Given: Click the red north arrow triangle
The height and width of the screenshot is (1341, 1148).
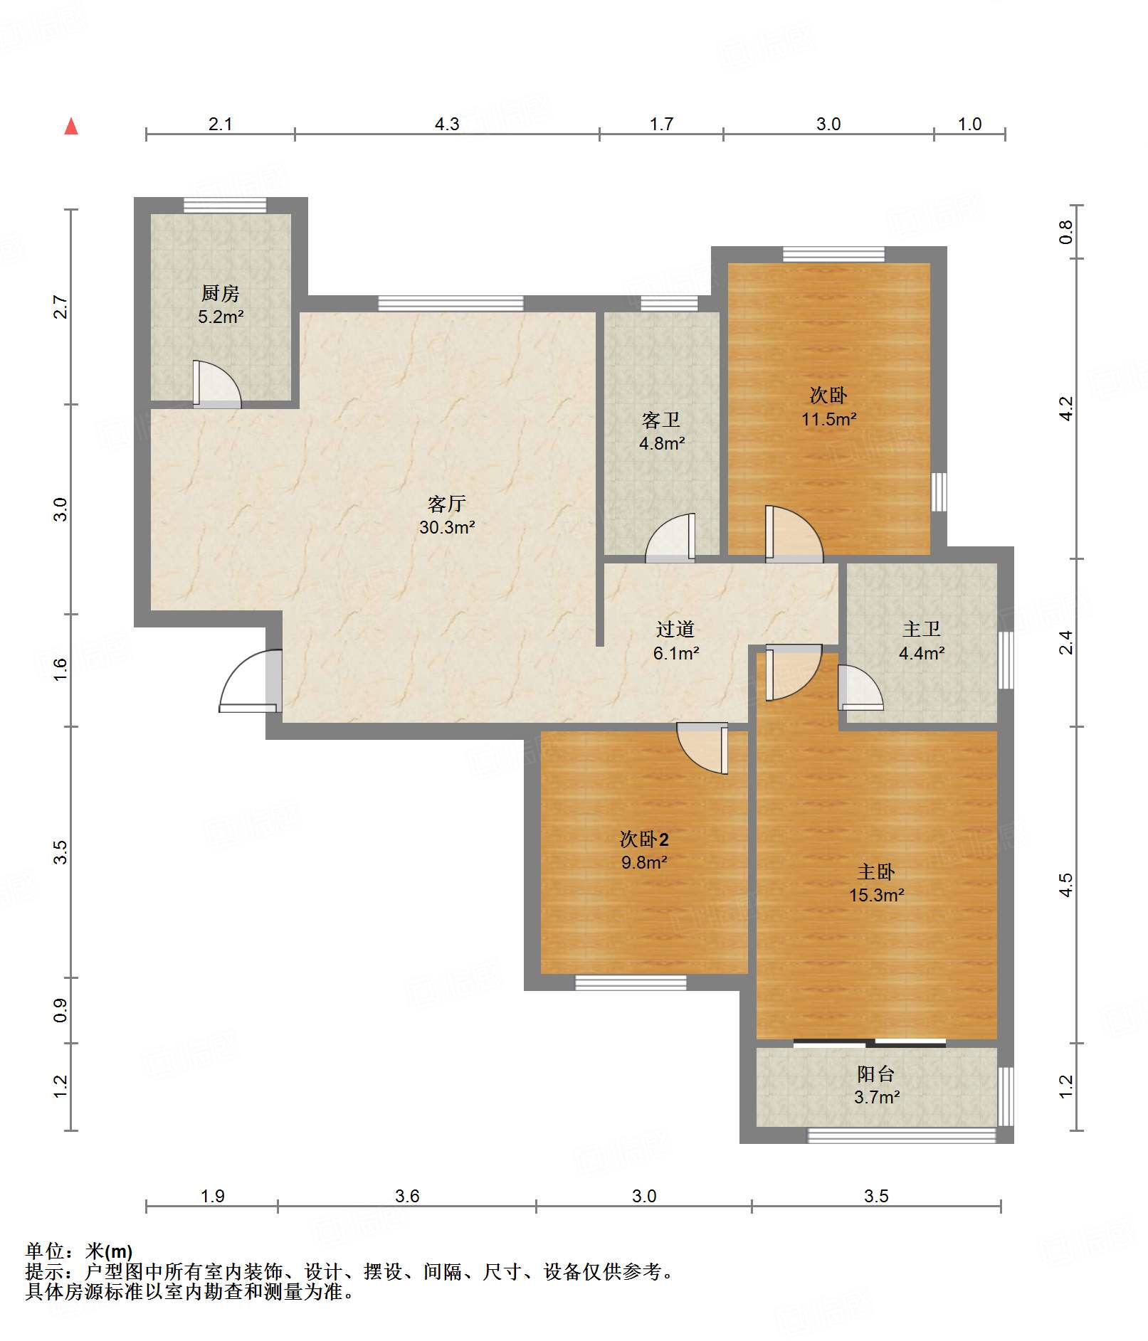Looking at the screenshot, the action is tap(71, 126).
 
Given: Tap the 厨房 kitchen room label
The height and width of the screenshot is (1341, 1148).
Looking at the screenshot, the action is tap(221, 293).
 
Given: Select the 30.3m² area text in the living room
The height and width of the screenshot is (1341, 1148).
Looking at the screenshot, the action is tap(447, 527).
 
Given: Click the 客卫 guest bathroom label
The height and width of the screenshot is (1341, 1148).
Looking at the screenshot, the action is tap(661, 420).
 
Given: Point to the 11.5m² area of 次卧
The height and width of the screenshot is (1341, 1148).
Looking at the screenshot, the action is tap(829, 419).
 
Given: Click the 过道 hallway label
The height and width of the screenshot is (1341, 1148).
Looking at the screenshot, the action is tap(675, 629).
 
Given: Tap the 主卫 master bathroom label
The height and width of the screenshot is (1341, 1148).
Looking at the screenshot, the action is tap(922, 629).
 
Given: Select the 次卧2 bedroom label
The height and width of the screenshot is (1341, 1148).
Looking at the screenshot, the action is tap(644, 839).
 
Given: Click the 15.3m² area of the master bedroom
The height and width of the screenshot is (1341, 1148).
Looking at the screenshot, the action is tap(876, 895).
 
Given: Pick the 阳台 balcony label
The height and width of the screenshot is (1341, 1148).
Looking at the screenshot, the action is tap(876, 1074).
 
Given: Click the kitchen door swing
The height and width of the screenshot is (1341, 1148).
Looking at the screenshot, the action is tap(217, 384).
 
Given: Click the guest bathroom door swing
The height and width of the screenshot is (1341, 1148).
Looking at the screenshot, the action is tap(670, 538).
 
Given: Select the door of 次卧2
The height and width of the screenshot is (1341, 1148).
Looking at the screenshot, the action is tap(702, 748).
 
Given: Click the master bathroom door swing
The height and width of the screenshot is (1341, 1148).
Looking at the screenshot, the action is tap(860, 687).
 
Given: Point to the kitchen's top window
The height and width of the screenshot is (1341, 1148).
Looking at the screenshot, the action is tap(225, 205).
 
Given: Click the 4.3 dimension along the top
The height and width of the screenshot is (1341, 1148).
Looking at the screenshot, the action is tap(447, 124).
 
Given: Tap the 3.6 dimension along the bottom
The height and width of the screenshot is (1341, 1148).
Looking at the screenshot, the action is tap(407, 1196).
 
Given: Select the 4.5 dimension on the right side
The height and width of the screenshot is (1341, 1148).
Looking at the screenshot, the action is tap(1065, 885).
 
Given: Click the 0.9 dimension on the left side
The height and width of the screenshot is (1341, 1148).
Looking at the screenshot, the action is tap(60, 1010).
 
